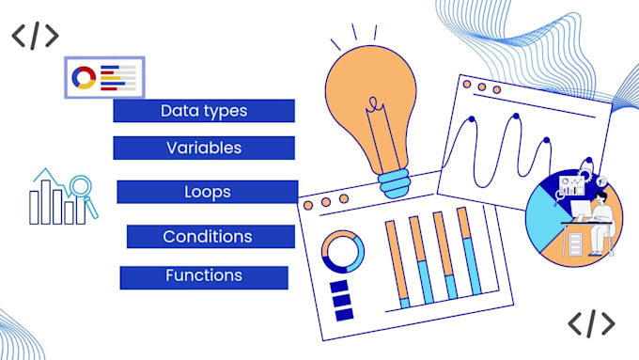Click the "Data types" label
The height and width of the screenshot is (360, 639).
click(204, 111)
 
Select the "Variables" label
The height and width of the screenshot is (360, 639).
click(204, 148)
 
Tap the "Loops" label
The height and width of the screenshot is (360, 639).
click(208, 192)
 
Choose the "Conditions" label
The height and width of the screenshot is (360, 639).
click(208, 236)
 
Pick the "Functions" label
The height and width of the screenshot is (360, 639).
click(204, 276)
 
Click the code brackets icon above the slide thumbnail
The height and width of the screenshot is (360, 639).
click(35, 36)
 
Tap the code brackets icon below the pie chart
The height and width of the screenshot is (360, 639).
click(591, 323)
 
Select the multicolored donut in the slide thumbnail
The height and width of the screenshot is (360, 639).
click(84, 77)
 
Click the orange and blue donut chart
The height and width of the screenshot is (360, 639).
click(342, 252)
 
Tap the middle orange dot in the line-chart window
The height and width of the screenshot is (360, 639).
click(481, 87)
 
